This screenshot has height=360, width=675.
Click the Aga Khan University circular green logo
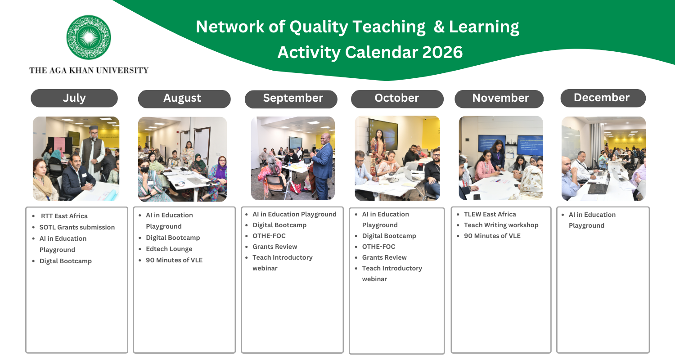click(89, 37)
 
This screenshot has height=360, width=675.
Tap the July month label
click(74, 98)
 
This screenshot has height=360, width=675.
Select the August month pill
click(184, 99)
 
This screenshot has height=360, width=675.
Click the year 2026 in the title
click(442, 52)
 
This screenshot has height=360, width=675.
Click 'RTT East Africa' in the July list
click(64, 216)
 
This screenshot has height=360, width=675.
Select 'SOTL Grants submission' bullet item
click(77, 227)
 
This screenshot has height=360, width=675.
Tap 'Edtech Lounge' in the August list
click(169, 249)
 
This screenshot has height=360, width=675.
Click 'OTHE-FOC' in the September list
click(269, 236)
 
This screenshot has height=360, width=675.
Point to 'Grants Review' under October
click(384, 257)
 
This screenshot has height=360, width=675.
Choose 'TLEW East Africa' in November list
click(490, 214)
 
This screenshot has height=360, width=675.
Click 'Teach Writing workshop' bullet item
click(501, 225)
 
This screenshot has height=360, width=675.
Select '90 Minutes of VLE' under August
click(174, 260)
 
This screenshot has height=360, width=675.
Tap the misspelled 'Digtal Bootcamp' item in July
click(66, 261)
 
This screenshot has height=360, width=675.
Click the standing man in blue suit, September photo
click(322, 166)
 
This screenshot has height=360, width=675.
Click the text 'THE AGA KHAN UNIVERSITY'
click(89, 70)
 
